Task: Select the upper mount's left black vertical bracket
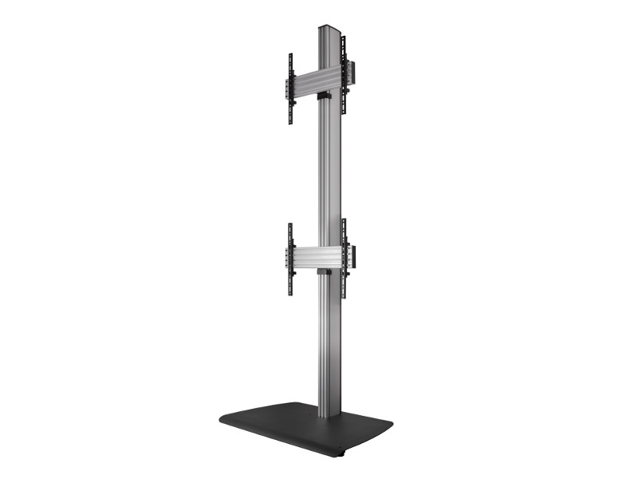(290, 89)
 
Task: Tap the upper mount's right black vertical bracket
(345, 86)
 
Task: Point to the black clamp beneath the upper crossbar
(322, 97)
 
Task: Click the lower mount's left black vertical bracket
(290, 258)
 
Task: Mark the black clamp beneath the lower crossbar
(322, 274)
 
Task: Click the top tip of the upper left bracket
(290, 55)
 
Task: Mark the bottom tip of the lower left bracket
(290, 292)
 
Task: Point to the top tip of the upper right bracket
(344, 51)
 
